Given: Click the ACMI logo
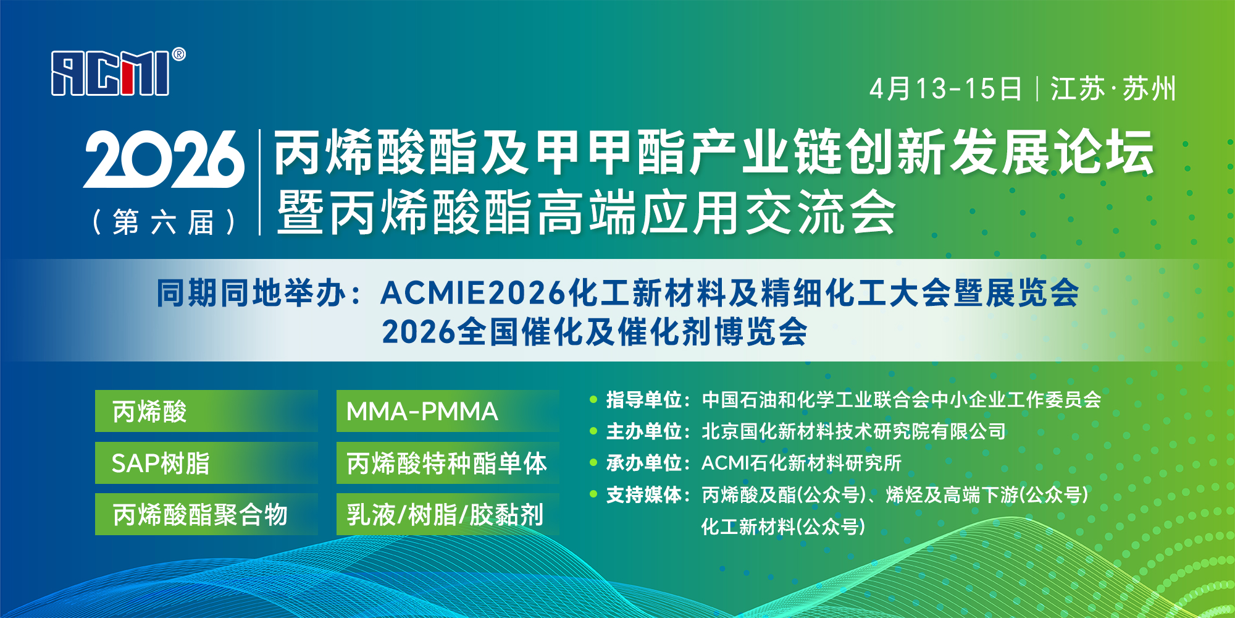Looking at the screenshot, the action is (x=111, y=74).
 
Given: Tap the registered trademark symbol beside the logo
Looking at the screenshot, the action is (x=178, y=54).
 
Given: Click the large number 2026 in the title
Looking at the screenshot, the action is (x=164, y=159).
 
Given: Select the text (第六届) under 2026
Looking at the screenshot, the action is (x=164, y=222).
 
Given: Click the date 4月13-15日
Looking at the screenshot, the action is (x=945, y=89).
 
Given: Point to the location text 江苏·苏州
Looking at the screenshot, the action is (x=1113, y=89).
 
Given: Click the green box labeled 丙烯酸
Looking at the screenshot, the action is (x=206, y=411).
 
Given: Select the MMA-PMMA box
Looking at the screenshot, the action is (x=448, y=411).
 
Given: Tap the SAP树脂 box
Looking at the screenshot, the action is (x=206, y=463).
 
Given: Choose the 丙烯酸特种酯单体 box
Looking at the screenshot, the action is (x=448, y=463).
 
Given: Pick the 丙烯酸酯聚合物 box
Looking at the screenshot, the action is (x=206, y=514).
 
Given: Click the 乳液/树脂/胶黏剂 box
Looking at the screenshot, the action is (x=448, y=514).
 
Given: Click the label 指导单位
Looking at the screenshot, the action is (x=643, y=400).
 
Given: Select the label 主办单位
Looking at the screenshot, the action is (x=643, y=431).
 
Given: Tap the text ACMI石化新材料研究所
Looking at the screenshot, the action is (x=801, y=463).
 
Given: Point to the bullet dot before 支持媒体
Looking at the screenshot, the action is (x=593, y=494).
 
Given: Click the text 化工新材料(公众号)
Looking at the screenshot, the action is (x=783, y=527).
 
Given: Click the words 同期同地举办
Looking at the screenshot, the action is (x=251, y=293).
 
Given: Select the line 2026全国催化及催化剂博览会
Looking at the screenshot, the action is (x=595, y=332).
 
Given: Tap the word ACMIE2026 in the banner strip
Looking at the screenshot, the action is (x=473, y=293).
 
